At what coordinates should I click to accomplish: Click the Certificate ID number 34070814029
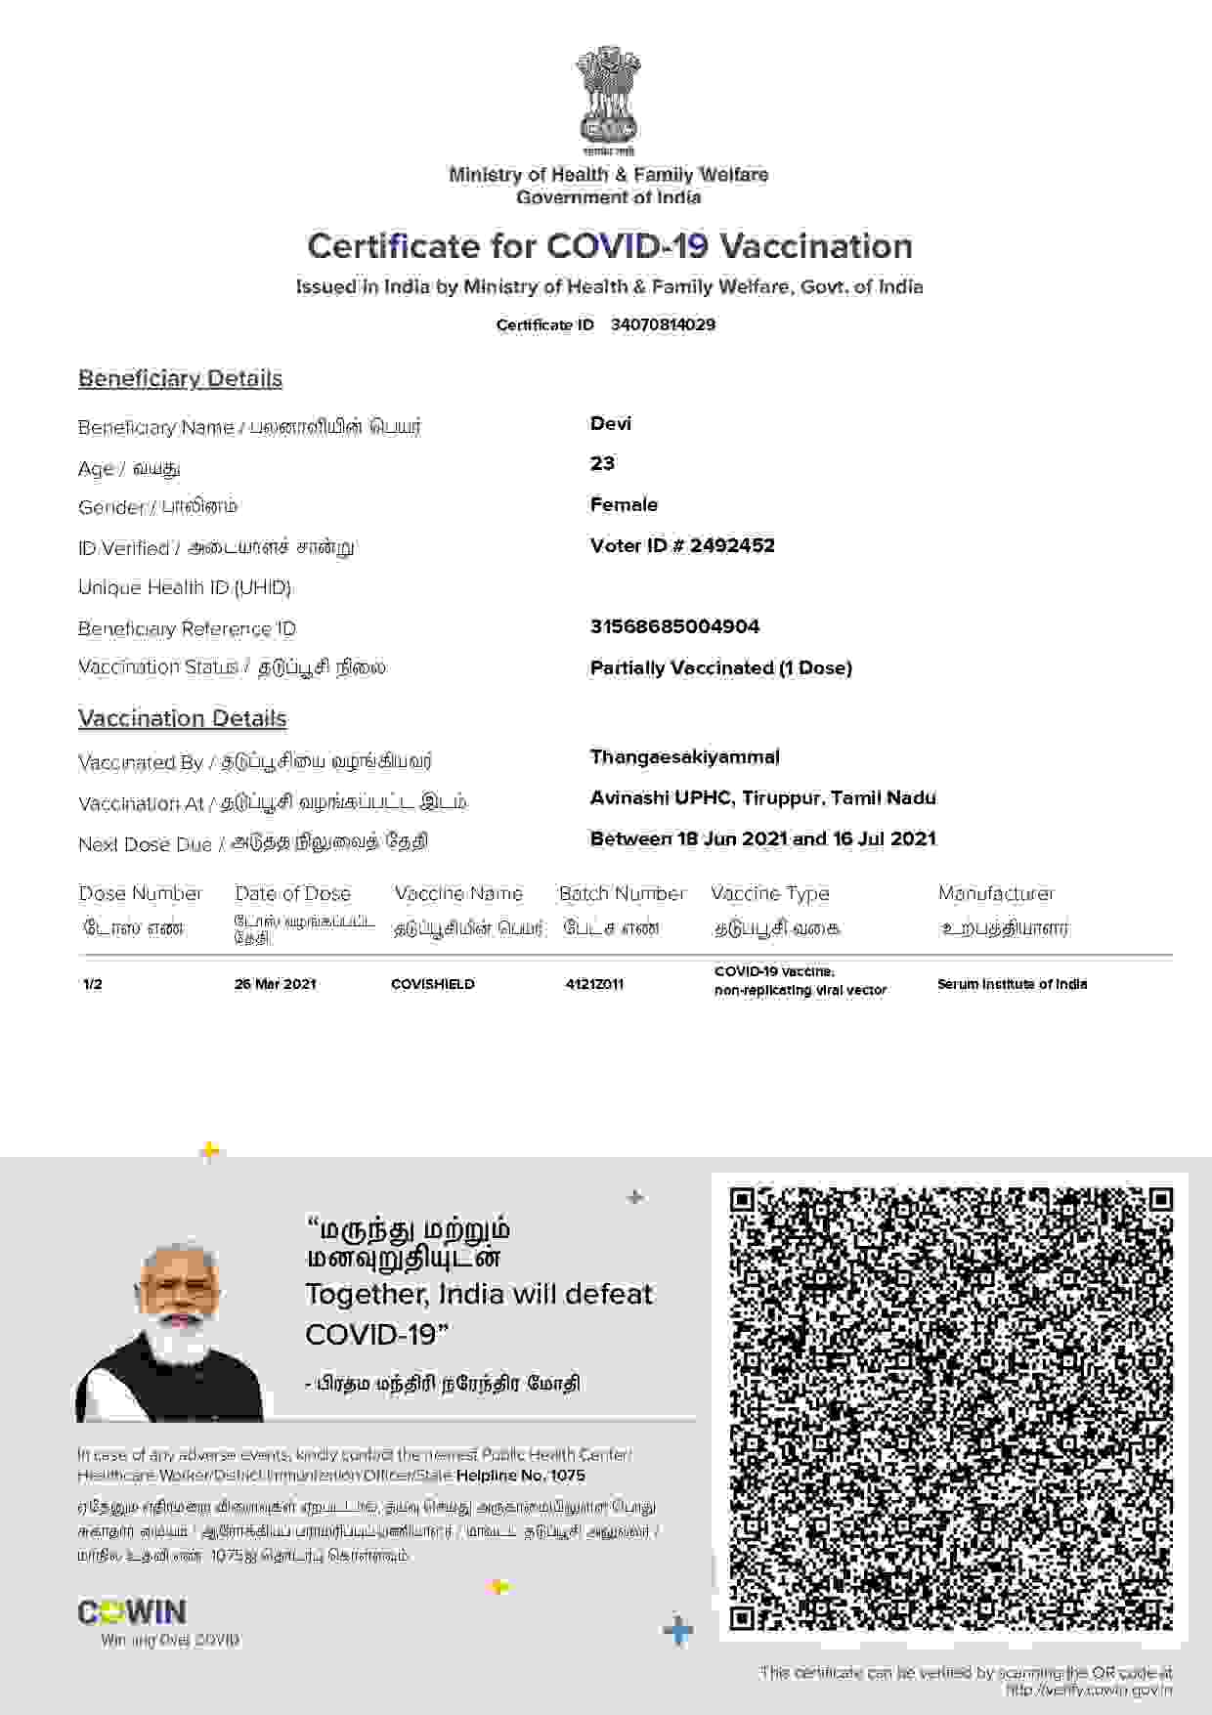(x=663, y=324)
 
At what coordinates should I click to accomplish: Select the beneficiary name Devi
(x=611, y=423)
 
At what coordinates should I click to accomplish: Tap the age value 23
(x=602, y=463)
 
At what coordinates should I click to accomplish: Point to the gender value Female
(x=624, y=504)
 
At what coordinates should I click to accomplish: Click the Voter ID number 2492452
(x=732, y=545)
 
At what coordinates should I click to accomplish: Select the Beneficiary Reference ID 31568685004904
(x=674, y=626)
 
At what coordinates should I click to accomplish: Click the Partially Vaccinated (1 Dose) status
(x=720, y=667)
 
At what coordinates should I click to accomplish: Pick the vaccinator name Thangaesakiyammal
(x=684, y=756)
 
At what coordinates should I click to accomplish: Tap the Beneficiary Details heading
(x=180, y=378)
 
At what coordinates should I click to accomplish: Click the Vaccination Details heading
(x=182, y=718)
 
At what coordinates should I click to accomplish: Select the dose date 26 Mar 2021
(x=275, y=984)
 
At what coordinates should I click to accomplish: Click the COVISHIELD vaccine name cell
(x=432, y=984)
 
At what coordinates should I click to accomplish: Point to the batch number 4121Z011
(x=593, y=984)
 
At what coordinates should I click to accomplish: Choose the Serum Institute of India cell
(x=1012, y=984)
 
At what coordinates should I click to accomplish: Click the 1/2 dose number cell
(x=93, y=984)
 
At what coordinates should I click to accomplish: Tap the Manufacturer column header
(x=995, y=893)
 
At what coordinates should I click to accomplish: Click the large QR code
(x=950, y=1408)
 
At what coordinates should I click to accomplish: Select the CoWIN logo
(x=132, y=1611)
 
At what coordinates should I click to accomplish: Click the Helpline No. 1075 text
(x=520, y=1476)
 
